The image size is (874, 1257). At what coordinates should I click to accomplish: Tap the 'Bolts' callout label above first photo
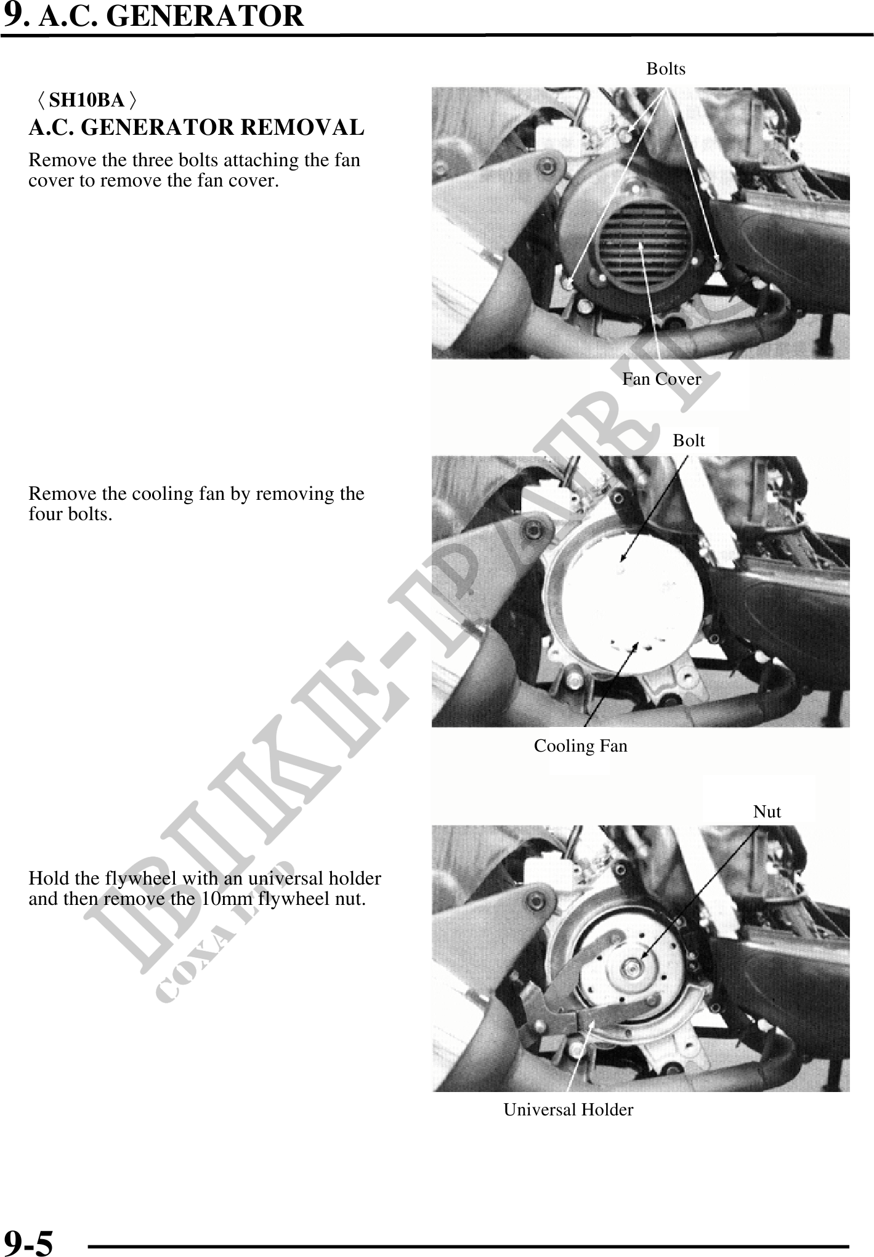click(665, 68)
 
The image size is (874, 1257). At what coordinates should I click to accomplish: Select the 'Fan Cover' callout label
click(662, 379)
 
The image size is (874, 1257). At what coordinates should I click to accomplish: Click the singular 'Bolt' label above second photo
click(689, 440)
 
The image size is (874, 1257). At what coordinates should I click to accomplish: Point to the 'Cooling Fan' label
click(580, 745)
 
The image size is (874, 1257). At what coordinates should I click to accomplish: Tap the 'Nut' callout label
click(767, 811)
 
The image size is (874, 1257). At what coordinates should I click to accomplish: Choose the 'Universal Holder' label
click(569, 1109)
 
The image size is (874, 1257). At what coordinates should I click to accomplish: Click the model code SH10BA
click(87, 99)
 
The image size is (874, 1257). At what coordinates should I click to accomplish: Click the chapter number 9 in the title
click(12, 15)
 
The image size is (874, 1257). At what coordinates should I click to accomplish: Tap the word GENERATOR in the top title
click(205, 16)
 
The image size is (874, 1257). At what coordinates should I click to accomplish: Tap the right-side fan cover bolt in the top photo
click(718, 259)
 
